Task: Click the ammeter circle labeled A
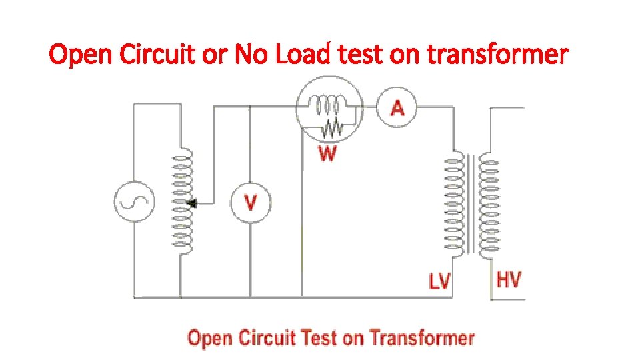(x=397, y=107)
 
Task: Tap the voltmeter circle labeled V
(x=251, y=201)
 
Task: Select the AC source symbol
(x=133, y=201)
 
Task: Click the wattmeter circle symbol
(x=330, y=111)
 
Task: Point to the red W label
(x=327, y=155)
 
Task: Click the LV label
(x=439, y=282)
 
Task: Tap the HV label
(x=509, y=279)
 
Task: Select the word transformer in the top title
(x=497, y=55)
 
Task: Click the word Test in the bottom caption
(x=319, y=338)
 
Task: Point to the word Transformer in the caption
(x=422, y=338)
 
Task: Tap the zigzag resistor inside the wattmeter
(x=331, y=125)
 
